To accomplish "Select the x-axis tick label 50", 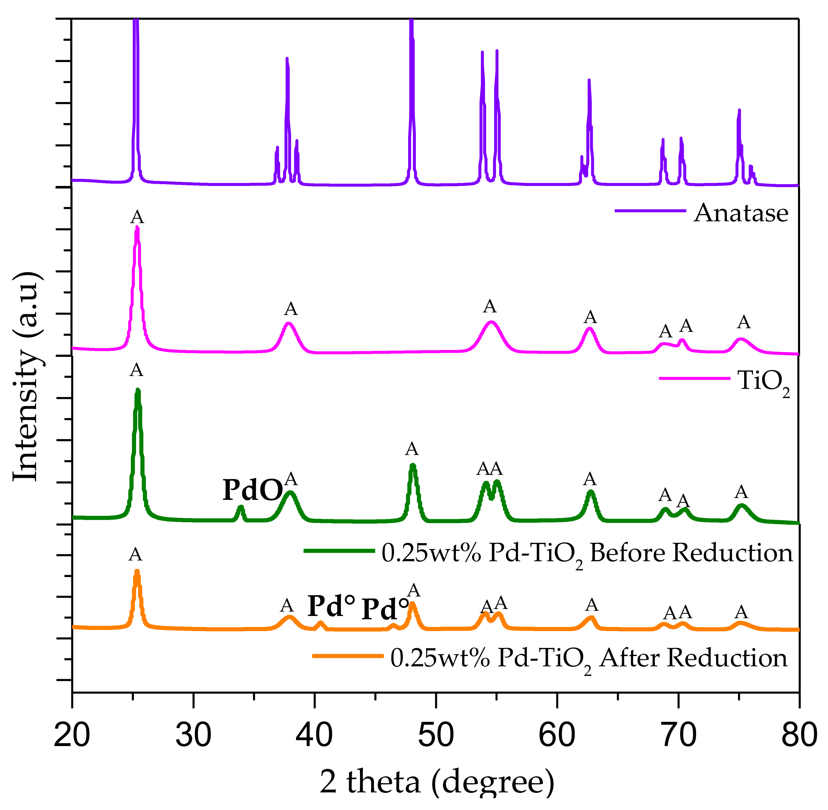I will click(435, 735).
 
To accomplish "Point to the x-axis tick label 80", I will click(799, 735).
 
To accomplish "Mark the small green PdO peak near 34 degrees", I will click(240, 508).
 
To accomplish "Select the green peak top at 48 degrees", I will click(412, 466).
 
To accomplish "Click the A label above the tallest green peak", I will click(136, 370).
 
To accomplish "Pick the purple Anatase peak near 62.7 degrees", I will click(589, 81).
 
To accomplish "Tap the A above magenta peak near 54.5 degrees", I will click(490, 306).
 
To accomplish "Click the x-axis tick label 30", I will click(193, 735).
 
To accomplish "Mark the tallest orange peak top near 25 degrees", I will click(137, 571).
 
